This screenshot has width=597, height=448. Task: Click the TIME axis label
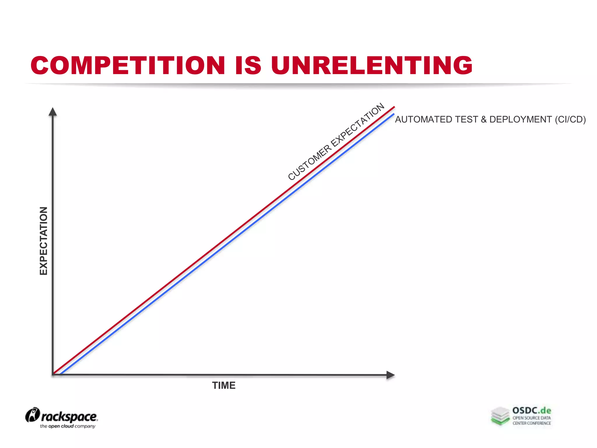224,386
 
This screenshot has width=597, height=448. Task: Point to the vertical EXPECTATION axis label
43,241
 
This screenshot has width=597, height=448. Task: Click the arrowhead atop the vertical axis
52,112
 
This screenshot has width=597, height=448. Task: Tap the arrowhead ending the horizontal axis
390,375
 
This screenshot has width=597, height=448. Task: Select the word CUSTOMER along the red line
310,162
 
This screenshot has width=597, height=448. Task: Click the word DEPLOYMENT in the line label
520,120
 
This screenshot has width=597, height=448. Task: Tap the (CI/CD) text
570,120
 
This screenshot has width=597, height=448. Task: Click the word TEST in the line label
465,120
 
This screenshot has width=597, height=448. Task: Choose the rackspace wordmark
69,417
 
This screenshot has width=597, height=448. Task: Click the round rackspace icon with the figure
32,415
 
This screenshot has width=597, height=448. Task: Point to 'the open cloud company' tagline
68,426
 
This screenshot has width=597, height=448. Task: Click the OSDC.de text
532,411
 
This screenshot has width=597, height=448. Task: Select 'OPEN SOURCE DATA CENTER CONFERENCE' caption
532,421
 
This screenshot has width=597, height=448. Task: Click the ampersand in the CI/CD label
484,120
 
